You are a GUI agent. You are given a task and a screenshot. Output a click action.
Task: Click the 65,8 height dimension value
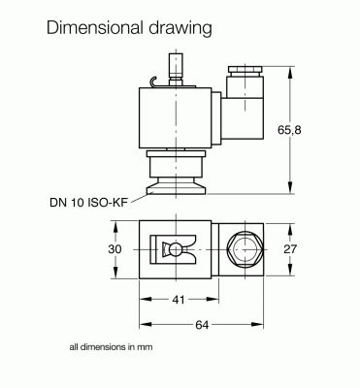(289, 130)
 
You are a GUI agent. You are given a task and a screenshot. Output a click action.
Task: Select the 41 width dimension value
(179, 300)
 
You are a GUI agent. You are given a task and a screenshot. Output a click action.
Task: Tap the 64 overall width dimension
(202, 325)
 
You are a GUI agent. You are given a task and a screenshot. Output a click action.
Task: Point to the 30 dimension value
(115, 249)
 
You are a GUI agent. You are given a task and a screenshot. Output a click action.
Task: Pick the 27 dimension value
(290, 249)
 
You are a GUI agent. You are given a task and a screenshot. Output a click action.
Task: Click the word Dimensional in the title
(95, 28)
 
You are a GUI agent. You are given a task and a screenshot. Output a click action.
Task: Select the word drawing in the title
(180, 28)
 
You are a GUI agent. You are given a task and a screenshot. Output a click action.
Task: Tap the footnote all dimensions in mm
(111, 347)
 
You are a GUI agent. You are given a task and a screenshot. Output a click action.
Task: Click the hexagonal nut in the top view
(245, 249)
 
